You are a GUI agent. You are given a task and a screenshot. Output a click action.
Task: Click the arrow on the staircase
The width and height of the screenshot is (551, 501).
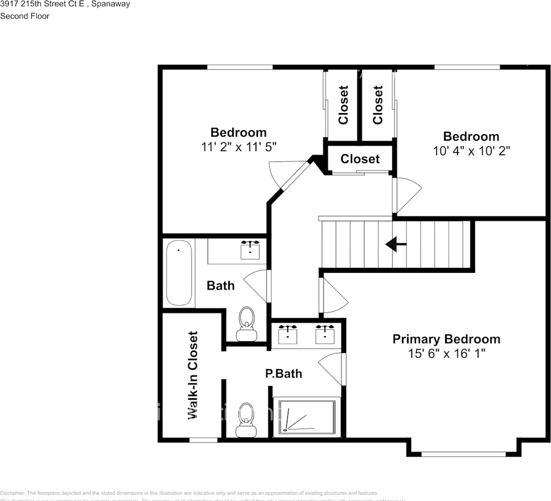click(x=396, y=244)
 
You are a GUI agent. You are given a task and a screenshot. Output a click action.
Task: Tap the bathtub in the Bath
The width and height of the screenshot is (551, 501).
click(x=179, y=273)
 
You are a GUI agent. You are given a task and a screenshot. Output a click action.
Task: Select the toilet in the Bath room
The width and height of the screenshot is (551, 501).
click(x=246, y=324)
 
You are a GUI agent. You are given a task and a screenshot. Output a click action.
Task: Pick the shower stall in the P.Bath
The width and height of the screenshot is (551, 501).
click(x=307, y=417)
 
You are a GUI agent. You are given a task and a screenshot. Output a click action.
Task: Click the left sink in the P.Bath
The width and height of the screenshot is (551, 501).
click(x=288, y=334)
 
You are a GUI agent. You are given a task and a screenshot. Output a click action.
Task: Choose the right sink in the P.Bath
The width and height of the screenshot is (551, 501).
click(x=325, y=334)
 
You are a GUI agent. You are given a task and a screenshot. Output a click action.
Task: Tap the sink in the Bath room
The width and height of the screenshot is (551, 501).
click(x=250, y=250)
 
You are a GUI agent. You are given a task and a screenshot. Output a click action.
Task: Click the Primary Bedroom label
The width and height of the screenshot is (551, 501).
click(x=446, y=339)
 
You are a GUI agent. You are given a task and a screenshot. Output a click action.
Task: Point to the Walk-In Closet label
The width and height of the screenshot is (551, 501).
click(x=193, y=375)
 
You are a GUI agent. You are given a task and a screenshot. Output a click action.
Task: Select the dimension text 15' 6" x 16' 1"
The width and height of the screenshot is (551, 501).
click(x=447, y=353)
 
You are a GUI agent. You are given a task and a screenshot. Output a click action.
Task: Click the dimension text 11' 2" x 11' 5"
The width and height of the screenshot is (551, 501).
click(x=238, y=147)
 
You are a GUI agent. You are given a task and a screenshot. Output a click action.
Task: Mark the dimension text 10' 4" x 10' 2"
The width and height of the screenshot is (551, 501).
click(x=471, y=151)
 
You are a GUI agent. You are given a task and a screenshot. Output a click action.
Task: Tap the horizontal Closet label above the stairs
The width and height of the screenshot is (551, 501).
click(x=360, y=159)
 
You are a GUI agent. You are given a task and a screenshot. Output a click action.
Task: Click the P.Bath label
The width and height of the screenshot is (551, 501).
click(x=283, y=374)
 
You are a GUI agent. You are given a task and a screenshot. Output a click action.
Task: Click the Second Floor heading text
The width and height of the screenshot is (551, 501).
click(x=25, y=16)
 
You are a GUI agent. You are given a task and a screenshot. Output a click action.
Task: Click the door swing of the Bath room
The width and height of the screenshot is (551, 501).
click(x=257, y=286)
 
